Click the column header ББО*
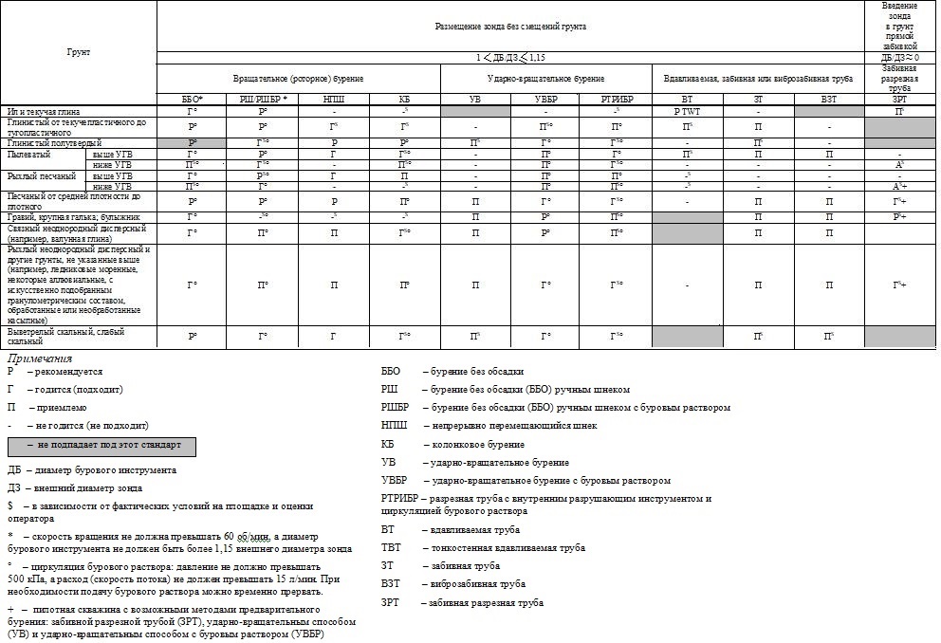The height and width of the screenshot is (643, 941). [x=192, y=99]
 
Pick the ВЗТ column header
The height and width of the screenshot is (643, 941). [x=829, y=99]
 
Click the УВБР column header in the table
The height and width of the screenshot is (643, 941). [x=545, y=99]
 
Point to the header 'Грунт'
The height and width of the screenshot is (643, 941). [x=78, y=53]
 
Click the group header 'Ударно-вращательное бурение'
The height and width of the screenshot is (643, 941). [x=545, y=75]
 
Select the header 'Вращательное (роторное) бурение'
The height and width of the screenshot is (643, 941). [x=298, y=75]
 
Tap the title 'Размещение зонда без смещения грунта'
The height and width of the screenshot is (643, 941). [x=510, y=27]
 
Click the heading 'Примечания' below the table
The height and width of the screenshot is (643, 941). [x=40, y=358]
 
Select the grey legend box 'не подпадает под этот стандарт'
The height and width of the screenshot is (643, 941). [x=101, y=446]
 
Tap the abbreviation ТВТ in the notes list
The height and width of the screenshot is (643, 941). [x=389, y=547]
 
